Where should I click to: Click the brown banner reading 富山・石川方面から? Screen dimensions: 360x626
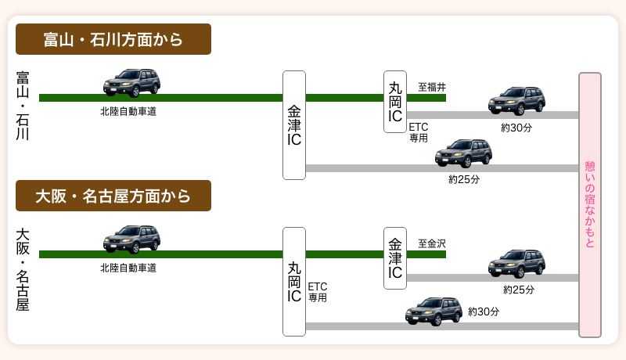[x=113, y=39]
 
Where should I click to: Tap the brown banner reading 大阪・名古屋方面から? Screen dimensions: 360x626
[x=113, y=196]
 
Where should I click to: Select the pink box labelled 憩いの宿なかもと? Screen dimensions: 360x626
[x=590, y=205]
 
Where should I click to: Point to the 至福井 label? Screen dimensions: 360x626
[x=432, y=87]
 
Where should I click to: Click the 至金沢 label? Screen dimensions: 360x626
[x=432, y=243]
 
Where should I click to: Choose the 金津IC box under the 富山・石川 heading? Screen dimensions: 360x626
[x=294, y=125]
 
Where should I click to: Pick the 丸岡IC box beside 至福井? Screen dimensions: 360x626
[x=395, y=102]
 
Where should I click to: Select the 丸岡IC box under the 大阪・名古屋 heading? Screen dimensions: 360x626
[x=294, y=282]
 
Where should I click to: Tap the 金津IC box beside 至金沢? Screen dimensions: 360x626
[x=395, y=258]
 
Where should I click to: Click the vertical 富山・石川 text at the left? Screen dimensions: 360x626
[x=23, y=106]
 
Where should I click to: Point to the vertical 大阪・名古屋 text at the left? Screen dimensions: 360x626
[x=23, y=269]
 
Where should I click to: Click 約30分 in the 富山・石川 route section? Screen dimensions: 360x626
[x=516, y=128]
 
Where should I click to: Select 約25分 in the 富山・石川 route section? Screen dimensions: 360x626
[x=464, y=179]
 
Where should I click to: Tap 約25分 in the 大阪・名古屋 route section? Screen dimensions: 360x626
[x=519, y=290]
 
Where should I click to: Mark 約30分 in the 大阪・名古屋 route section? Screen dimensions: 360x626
[x=484, y=311]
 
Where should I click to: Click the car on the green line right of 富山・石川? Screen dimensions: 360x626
[x=131, y=82]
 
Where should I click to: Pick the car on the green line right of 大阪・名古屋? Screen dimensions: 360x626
[x=131, y=239]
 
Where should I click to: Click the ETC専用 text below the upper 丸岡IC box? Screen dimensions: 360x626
[x=419, y=131]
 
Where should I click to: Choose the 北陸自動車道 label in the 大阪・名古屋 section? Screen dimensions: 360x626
[x=128, y=268]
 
